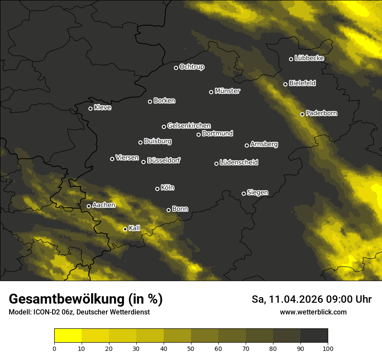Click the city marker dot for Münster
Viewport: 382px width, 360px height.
click(211, 92)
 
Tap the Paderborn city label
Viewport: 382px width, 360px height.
click(321, 113)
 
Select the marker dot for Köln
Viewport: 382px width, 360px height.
click(157, 189)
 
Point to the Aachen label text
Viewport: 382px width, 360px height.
click(104, 205)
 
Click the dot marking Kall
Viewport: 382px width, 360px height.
click(125, 229)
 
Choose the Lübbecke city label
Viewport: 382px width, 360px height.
click(309, 58)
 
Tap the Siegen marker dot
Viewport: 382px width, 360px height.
click(244, 193)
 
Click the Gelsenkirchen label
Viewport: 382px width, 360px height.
click(189, 126)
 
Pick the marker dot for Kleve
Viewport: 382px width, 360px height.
click(90, 108)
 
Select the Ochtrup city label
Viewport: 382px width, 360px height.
click(191, 67)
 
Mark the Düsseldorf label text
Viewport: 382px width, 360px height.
click(164, 161)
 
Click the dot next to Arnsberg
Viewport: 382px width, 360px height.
click(247, 145)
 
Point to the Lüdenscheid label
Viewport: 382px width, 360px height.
click(239, 163)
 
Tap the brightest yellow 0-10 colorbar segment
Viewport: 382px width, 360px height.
click(68, 335)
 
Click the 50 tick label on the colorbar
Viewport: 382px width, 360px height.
click(191, 348)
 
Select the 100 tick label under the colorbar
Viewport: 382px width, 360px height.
click(328, 348)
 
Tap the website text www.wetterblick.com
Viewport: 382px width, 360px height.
click(313, 312)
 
